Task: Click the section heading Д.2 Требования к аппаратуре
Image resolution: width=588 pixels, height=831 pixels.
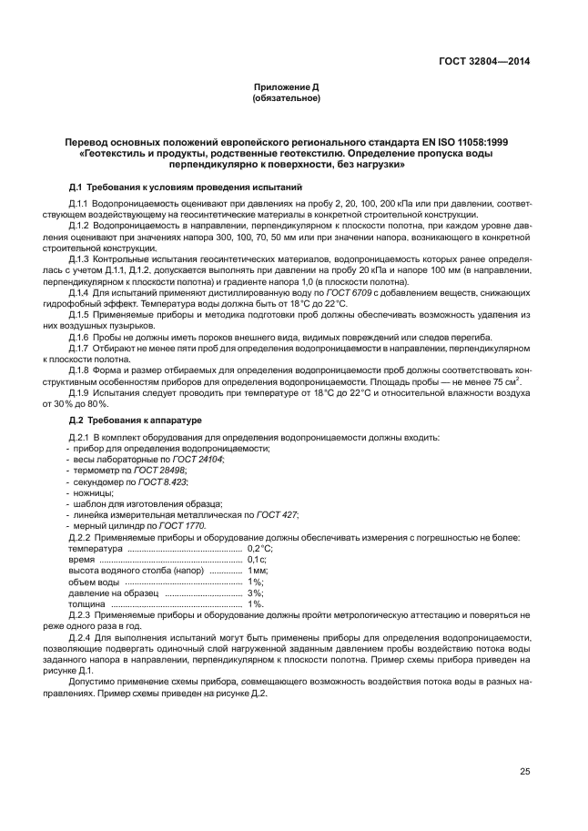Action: (136, 420)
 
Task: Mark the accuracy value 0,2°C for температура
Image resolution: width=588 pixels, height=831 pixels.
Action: (260, 550)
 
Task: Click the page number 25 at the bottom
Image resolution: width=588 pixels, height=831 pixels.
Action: (524, 772)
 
